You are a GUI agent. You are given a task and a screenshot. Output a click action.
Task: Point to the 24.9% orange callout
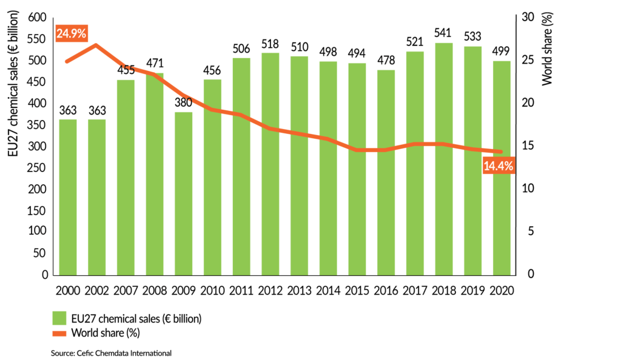(72, 33)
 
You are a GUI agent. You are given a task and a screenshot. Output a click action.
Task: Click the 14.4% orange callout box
(498, 165)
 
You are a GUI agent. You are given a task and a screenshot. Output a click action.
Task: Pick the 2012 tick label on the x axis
(270, 290)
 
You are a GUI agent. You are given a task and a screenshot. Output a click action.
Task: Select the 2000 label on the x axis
(68, 290)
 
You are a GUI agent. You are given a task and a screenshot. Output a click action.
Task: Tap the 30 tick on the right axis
(527, 18)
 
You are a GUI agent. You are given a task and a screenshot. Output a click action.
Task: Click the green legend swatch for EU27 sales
(59, 318)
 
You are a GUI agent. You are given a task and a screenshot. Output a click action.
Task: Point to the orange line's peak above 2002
(97, 45)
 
